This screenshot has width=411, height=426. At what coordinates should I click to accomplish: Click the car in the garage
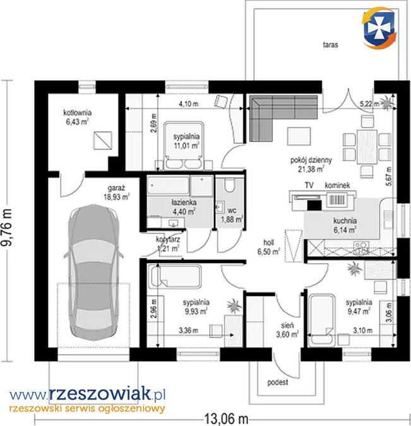tap(93, 273)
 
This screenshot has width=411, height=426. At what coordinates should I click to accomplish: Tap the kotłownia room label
tap(78, 112)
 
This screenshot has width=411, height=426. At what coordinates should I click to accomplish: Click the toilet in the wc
tap(230, 186)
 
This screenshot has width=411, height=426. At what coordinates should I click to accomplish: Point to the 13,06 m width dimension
tap(226, 418)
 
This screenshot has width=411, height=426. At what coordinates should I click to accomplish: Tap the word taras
tap(331, 45)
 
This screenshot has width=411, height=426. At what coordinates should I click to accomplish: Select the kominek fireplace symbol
tap(337, 200)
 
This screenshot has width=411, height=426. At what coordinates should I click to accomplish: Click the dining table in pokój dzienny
tap(367, 147)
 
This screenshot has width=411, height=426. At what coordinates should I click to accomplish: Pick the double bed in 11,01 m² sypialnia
tap(184, 146)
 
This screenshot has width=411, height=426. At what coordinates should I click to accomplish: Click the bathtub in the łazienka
tap(169, 185)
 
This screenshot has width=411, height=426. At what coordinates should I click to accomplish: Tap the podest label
tap(278, 382)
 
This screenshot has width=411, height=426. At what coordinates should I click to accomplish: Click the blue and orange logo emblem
tap(379, 28)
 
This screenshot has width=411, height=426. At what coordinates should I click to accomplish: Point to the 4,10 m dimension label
tap(188, 104)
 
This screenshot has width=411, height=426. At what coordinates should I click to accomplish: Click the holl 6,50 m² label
tap(268, 247)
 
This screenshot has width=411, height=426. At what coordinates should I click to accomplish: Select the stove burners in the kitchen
tap(362, 248)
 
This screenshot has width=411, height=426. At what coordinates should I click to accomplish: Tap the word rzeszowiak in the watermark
tap(100, 394)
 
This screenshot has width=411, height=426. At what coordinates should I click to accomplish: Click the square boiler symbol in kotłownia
tap(102, 140)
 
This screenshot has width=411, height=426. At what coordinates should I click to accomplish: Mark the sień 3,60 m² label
tap(288, 329)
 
